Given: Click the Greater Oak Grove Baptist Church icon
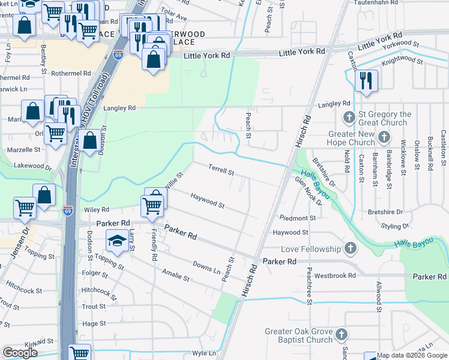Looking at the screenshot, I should (342, 333).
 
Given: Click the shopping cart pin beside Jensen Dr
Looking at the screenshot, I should (25, 208).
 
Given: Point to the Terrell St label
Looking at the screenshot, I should (220, 170).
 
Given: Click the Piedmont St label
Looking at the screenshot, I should (297, 218).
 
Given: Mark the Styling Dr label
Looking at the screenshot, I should (395, 226).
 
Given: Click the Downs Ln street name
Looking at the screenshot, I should (206, 267).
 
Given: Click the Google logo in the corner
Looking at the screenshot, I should (20, 352).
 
